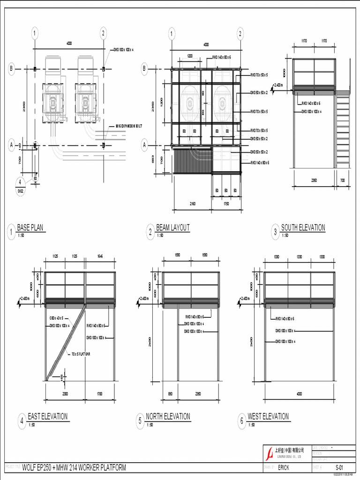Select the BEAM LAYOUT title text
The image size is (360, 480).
tap(172, 228)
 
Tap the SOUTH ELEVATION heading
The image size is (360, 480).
tap(303, 228)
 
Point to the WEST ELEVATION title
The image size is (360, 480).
tap(268, 416)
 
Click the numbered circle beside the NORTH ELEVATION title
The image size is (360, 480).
tap(140, 421)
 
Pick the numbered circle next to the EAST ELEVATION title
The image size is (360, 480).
tap(22, 421)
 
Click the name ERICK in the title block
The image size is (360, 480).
tap(284, 467)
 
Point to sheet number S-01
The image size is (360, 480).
tap(339, 467)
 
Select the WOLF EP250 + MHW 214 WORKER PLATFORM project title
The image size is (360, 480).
tap(74, 467)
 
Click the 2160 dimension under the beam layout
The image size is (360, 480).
tap(192, 204)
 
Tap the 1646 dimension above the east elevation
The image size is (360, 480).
tap(100, 256)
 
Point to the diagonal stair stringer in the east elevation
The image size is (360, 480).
tap(66, 342)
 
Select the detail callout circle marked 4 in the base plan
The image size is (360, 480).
tap(21, 182)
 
